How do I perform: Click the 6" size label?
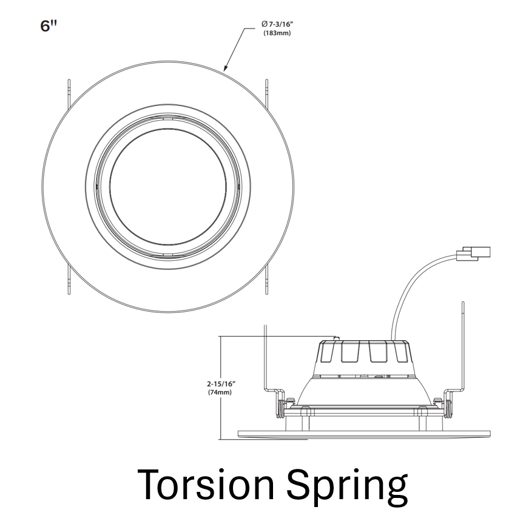(x=48, y=27)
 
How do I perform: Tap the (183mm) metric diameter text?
(x=277, y=33)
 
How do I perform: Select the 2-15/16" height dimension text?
(x=220, y=383)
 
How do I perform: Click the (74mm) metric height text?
(x=220, y=392)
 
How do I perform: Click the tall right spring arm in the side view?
(x=464, y=346)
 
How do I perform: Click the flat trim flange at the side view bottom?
(x=363, y=433)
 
